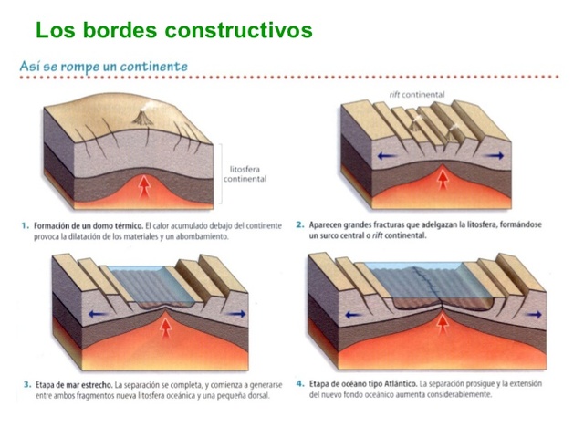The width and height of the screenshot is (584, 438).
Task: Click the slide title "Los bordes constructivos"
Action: [173, 30]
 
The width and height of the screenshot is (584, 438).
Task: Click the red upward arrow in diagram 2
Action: [443, 179]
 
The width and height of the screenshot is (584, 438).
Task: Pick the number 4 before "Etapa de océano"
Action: [300, 385]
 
